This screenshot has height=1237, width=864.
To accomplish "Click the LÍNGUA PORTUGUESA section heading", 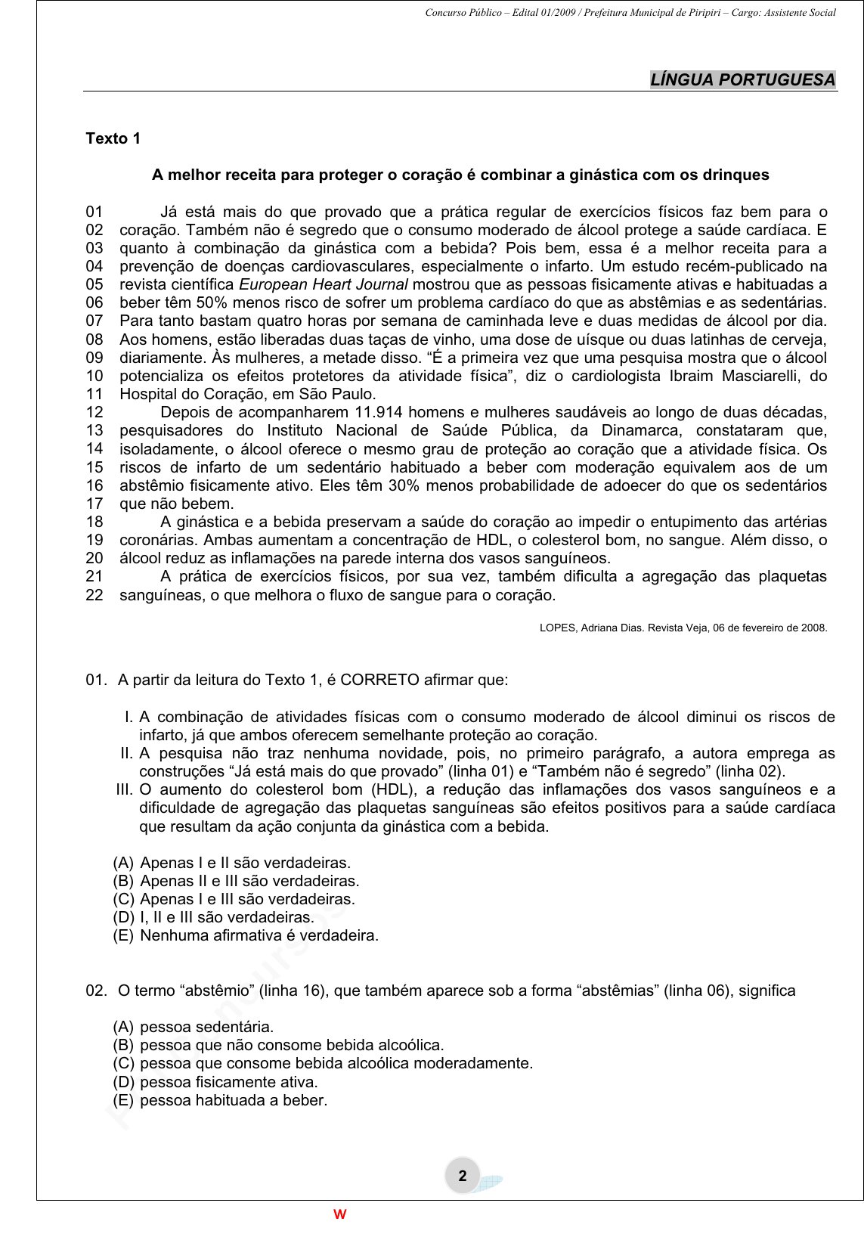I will [x=742, y=79].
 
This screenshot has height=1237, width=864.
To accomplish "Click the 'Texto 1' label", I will [x=113, y=138].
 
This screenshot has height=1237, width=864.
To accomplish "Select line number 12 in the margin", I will [x=94, y=412].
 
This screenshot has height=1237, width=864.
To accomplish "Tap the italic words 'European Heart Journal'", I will [x=324, y=284].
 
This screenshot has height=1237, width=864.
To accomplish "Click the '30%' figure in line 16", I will [x=404, y=485].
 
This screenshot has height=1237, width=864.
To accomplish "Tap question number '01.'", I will [x=97, y=680].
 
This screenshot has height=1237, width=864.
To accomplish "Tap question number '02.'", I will [x=97, y=991].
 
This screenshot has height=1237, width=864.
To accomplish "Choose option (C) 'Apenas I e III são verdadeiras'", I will [x=234, y=899].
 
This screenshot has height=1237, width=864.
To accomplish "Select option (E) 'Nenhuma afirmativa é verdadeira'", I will [x=246, y=935].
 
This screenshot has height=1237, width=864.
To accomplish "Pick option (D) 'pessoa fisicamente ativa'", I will [x=215, y=1082].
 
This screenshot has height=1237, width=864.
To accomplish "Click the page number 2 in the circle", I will [x=463, y=1176].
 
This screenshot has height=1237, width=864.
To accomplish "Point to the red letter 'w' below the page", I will [x=340, y=1214].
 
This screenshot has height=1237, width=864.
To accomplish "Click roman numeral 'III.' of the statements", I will [x=125, y=789].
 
